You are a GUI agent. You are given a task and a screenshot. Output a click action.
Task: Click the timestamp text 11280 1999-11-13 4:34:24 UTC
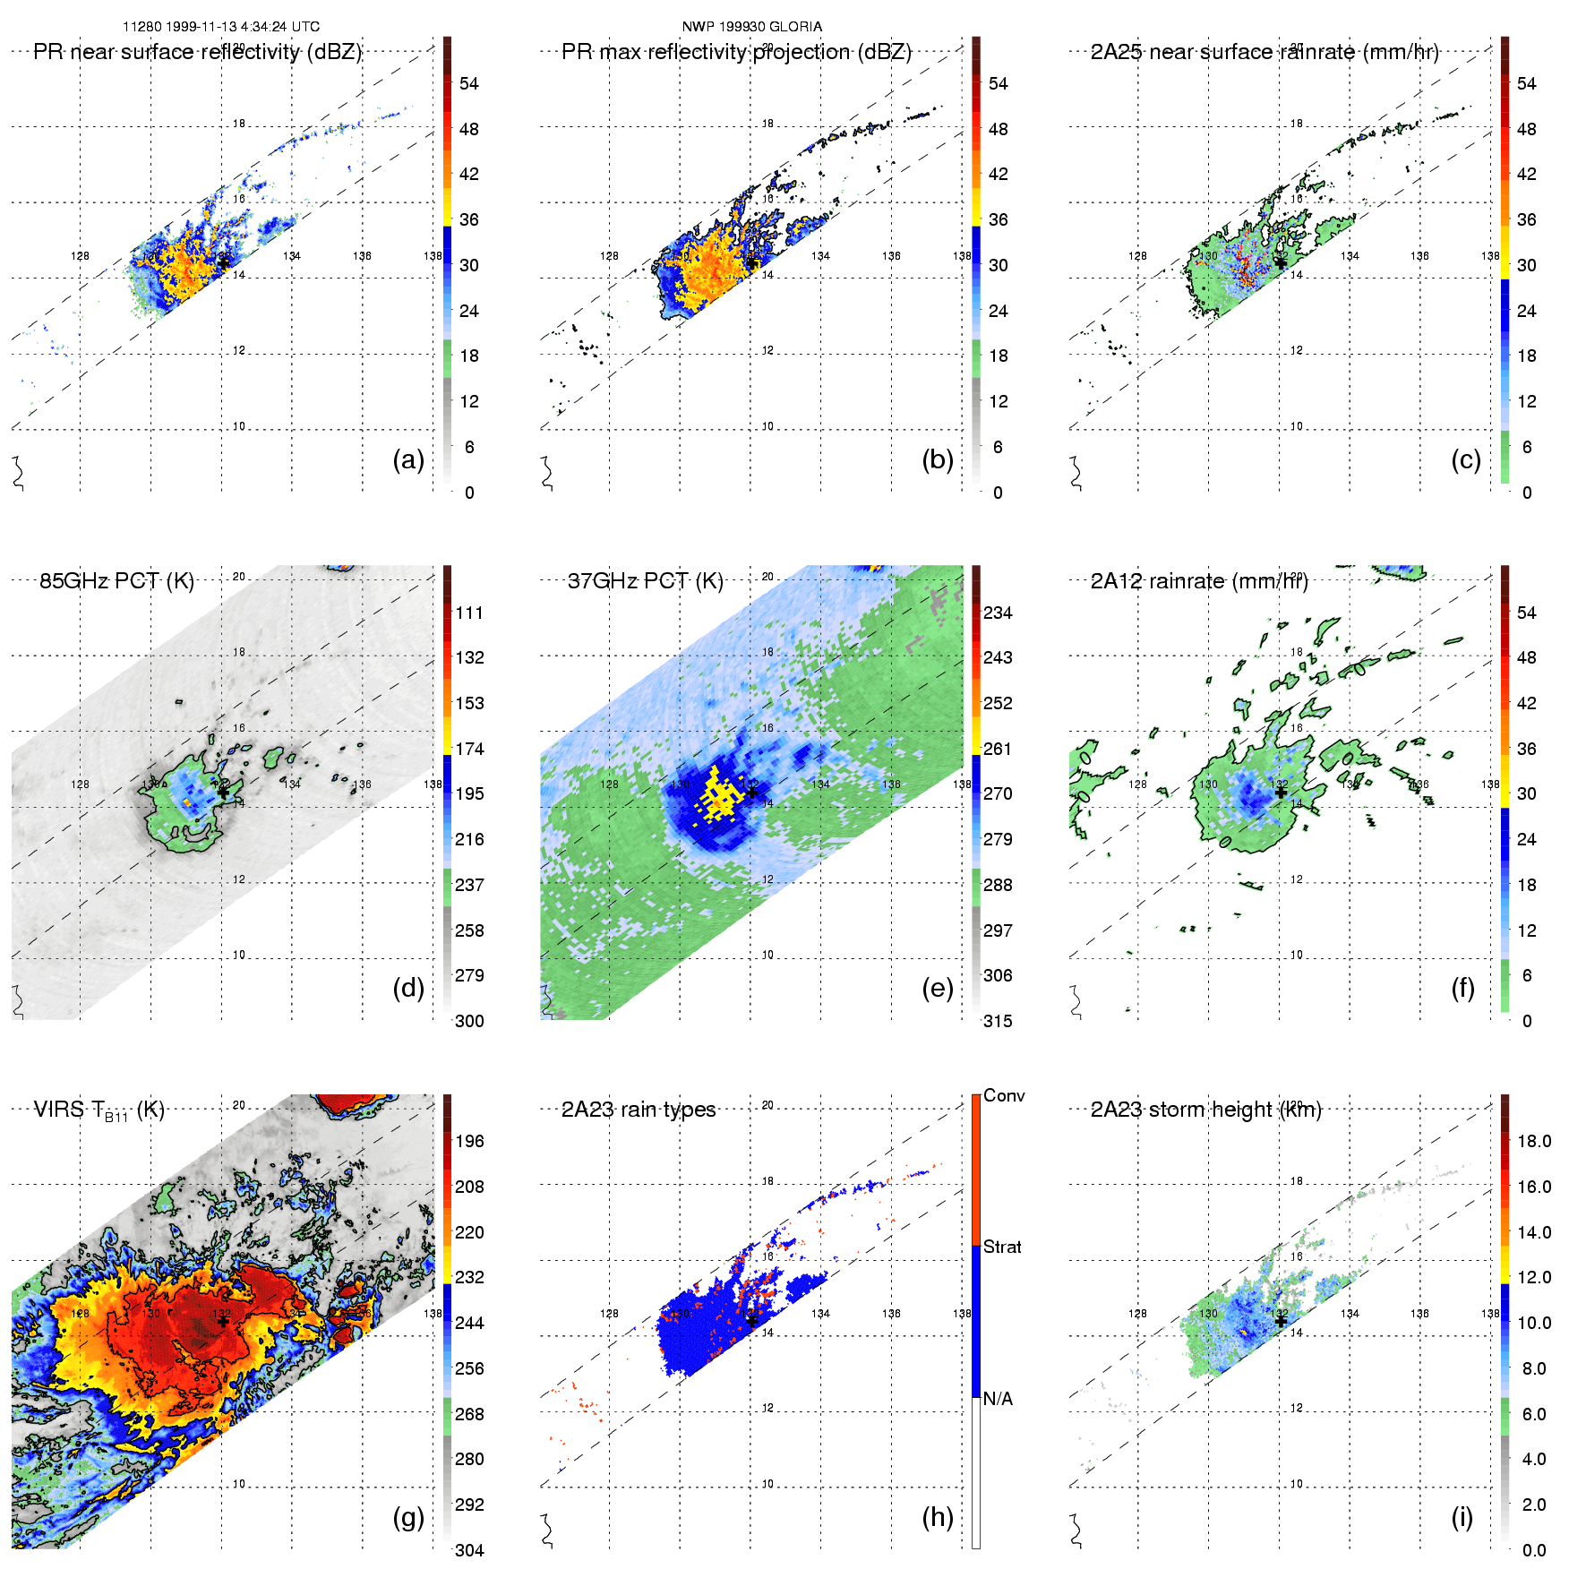[221, 27]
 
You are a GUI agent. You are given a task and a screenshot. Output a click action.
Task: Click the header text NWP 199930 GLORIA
[751, 27]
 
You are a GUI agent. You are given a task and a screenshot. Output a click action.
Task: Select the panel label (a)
[408, 459]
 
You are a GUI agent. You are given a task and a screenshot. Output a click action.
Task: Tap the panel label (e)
[938, 988]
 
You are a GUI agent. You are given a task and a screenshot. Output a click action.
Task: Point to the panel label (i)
[1462, 1517]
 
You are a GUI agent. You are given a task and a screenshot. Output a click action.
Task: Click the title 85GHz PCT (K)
[116, 581]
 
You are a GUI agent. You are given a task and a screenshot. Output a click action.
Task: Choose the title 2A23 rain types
[639, 1110]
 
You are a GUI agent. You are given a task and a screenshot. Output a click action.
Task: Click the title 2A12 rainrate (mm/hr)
[1199, 581]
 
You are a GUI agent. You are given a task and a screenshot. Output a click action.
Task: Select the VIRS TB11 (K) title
[99, 1110]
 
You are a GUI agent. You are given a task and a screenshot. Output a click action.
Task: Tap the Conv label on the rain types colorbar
[1004, 1095]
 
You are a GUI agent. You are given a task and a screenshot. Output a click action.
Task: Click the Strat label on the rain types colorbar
[1002, 1247]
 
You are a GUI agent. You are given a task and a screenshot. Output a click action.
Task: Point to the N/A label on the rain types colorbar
[998, 1399]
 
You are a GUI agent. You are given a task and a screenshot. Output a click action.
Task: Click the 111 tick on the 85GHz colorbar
[469, 613]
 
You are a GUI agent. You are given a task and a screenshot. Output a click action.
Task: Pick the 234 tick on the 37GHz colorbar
[998, 613]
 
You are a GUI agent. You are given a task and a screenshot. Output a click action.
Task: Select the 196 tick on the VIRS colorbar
[469, 1141]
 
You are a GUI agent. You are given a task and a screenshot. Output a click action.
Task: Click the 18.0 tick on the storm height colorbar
[1533, 1141]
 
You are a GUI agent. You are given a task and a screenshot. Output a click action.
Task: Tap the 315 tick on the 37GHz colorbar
[998, 1021]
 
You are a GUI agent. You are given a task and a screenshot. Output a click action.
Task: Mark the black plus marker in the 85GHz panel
[222, 792]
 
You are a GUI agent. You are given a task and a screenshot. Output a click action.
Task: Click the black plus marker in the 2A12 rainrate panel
[1281, 792]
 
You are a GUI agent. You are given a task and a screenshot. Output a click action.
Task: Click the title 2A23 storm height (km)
[1205, 1110]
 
